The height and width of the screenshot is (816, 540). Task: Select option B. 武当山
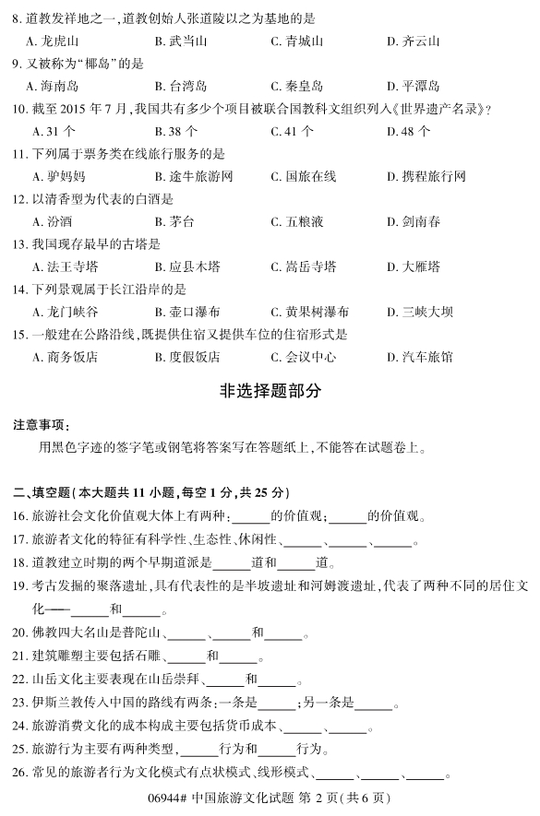[174, 41]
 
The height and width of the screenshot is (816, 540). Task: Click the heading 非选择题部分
[270, 391]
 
